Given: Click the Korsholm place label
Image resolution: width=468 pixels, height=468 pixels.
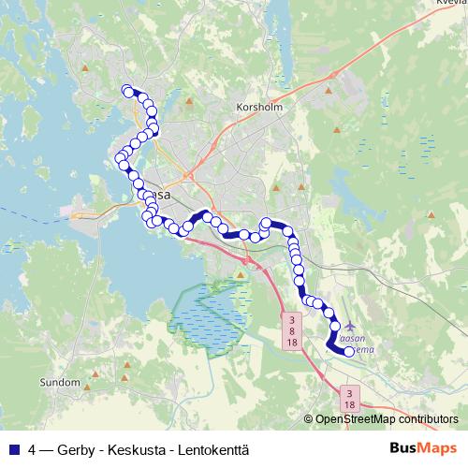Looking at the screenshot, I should click(260, 108).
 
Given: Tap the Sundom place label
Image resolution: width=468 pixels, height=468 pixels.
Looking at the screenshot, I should click(61, 383).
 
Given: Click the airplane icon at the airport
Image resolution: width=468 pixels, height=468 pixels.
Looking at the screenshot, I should click(350, 325).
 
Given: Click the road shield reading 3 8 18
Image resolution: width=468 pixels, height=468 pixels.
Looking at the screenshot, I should click(293, 331).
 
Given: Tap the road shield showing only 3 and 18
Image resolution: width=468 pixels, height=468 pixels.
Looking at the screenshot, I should click(349, 398).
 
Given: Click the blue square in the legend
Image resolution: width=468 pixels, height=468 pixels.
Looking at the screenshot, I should click(12, 448).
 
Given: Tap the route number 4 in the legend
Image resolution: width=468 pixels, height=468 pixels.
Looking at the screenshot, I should click(32, 448).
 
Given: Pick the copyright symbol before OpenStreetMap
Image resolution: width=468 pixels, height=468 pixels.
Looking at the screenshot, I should click(308, 420).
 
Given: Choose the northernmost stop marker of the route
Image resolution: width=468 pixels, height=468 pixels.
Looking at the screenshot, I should click(127, 90).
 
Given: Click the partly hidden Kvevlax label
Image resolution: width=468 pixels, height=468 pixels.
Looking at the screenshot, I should click(450, 4).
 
